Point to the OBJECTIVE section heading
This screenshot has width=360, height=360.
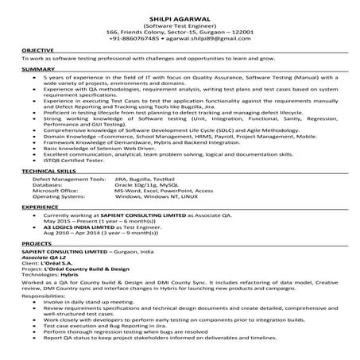pyautogui.click(x=37, y=50)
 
